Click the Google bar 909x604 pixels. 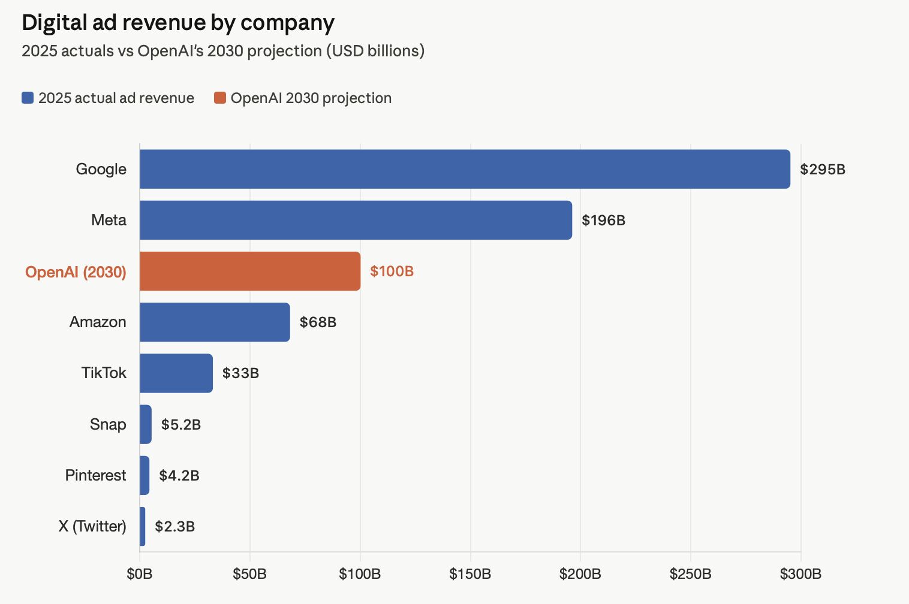(465, 169)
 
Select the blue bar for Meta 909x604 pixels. (356, 220)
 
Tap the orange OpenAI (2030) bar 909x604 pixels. (250, 271)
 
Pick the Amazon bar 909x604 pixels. (215, 322)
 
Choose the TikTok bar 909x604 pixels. (176, 373)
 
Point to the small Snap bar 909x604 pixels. (146, 424)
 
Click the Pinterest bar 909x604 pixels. (145, 475)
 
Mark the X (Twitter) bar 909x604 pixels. (143, 526)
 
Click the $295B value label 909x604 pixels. (823, 170)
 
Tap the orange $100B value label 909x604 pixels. (392, 271)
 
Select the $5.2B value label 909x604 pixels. (181, 425)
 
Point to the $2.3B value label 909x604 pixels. (174, 527)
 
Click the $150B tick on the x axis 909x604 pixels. (470, 574)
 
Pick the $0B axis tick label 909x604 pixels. (140, 574)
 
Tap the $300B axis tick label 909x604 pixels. (800, 574)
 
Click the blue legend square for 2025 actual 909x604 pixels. (28, 98)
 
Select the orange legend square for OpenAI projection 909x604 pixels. (220, 98)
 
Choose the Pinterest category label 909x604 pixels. (96, 475)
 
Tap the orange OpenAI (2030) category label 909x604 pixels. (76, 272)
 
